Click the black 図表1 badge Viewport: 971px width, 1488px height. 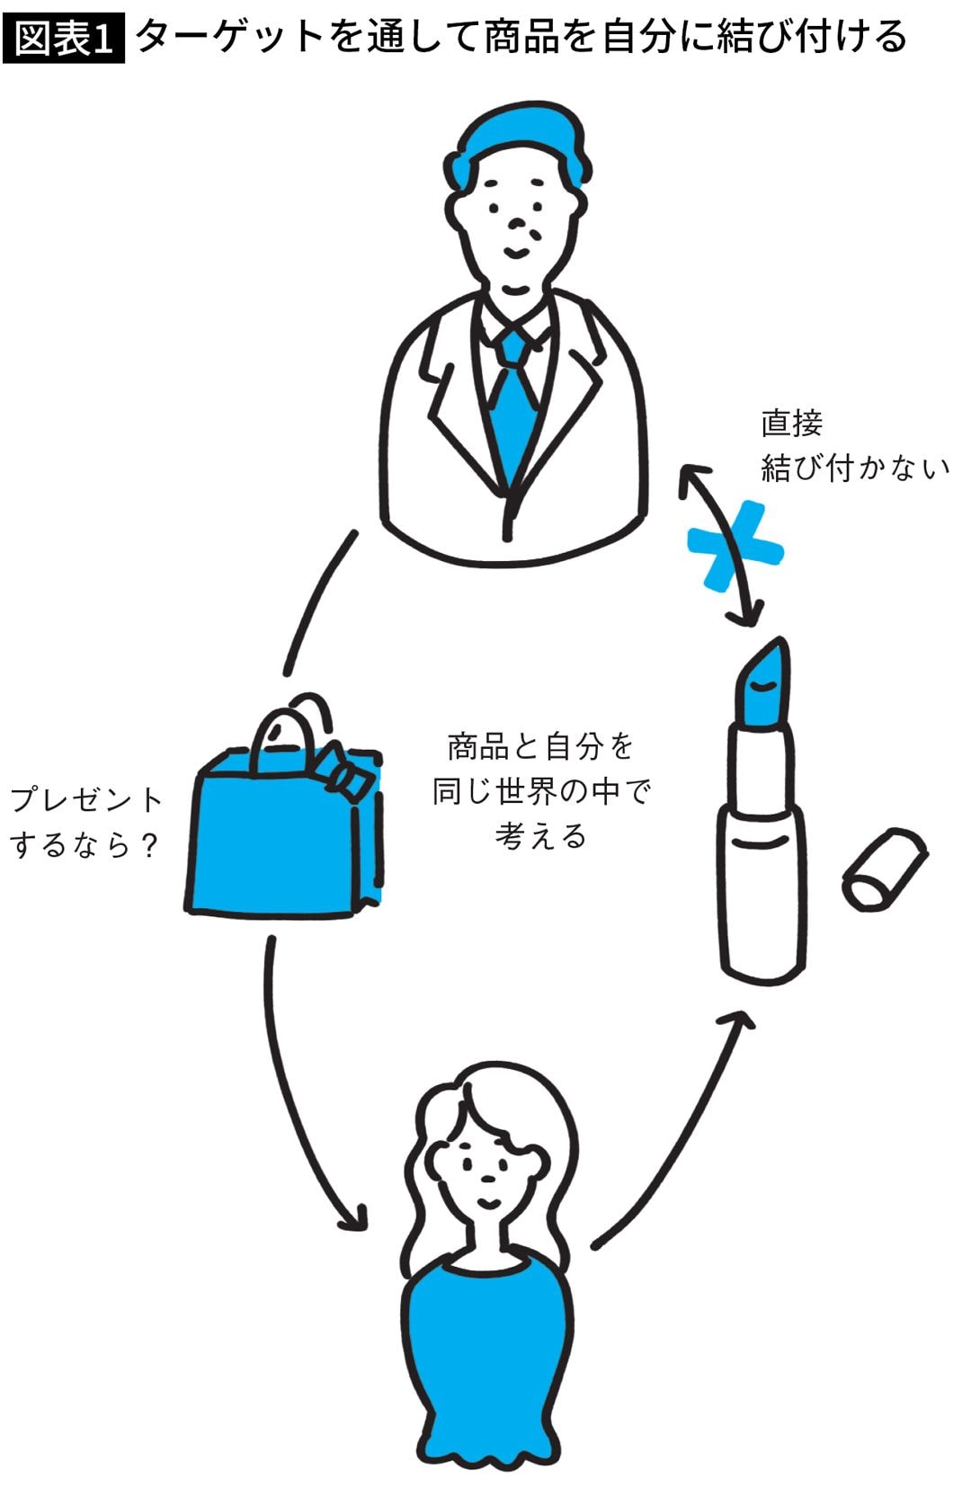click(x=63, y=38)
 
